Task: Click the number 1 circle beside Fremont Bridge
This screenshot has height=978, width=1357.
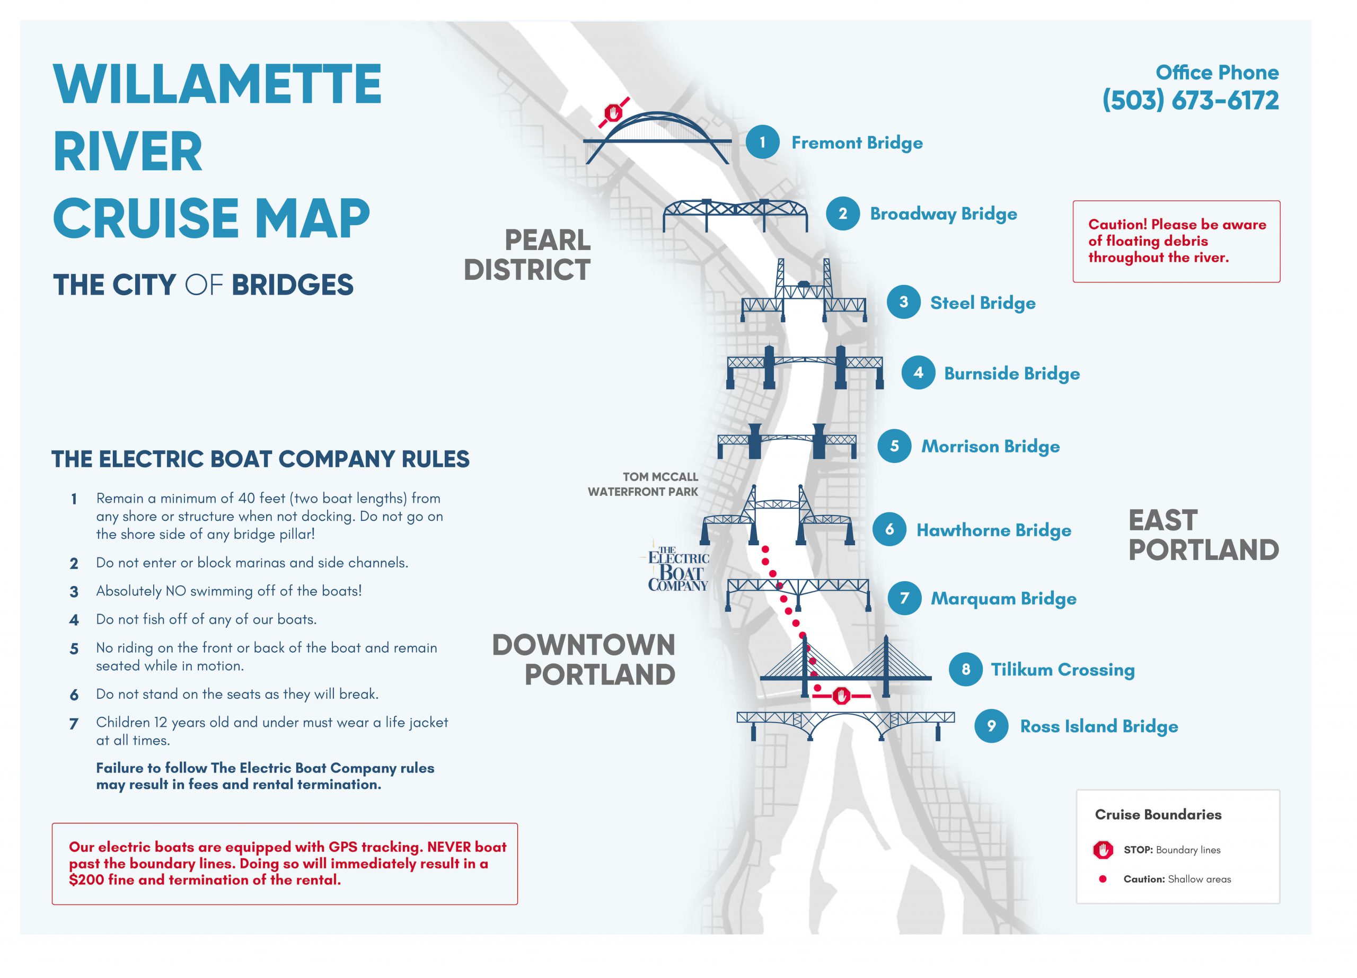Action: tap(762, 143)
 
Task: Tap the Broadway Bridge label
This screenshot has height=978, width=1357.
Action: tap(943, 214)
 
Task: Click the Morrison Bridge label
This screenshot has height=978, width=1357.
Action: tap(990, 446)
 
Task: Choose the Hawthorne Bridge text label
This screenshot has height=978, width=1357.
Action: tap(994, 530)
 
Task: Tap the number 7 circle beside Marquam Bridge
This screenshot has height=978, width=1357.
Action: tap(904, 598)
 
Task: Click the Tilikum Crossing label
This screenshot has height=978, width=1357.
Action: tap(1063, 669)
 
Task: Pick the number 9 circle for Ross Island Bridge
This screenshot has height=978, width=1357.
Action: tap(991, 726)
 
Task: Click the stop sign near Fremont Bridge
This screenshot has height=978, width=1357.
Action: tap(613, 112)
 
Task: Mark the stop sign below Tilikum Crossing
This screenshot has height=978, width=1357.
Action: tap(842, 696)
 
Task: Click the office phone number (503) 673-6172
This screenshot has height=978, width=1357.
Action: tap(1191, 101)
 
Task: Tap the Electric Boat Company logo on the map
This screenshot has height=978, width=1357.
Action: tap(678, 569)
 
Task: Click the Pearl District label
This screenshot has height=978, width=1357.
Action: tap(528, 255)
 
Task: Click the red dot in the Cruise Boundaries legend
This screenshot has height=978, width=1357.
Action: tap(1103, 879)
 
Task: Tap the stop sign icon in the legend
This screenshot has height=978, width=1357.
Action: tap(1103, 850)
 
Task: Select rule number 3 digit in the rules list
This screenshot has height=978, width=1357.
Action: tap(74, 592)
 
